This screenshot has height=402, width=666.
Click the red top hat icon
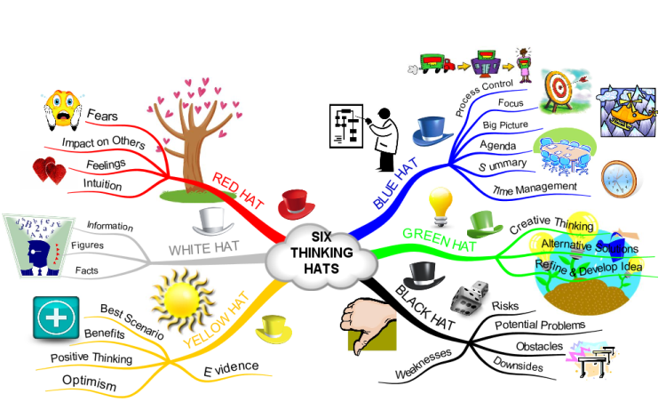296,205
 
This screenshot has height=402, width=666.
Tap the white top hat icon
213,221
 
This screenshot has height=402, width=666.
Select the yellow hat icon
274,329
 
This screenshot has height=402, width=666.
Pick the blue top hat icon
432,131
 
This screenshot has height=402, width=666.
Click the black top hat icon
424,276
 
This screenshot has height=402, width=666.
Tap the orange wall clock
619,179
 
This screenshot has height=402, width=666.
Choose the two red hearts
49,171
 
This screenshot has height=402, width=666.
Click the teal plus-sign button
56,318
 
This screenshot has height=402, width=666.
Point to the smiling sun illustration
183,300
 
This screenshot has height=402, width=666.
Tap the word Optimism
89,382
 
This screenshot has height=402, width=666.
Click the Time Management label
535,189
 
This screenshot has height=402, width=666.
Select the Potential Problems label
540,326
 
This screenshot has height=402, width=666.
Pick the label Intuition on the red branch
102,184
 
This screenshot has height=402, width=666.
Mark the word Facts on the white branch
87,270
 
